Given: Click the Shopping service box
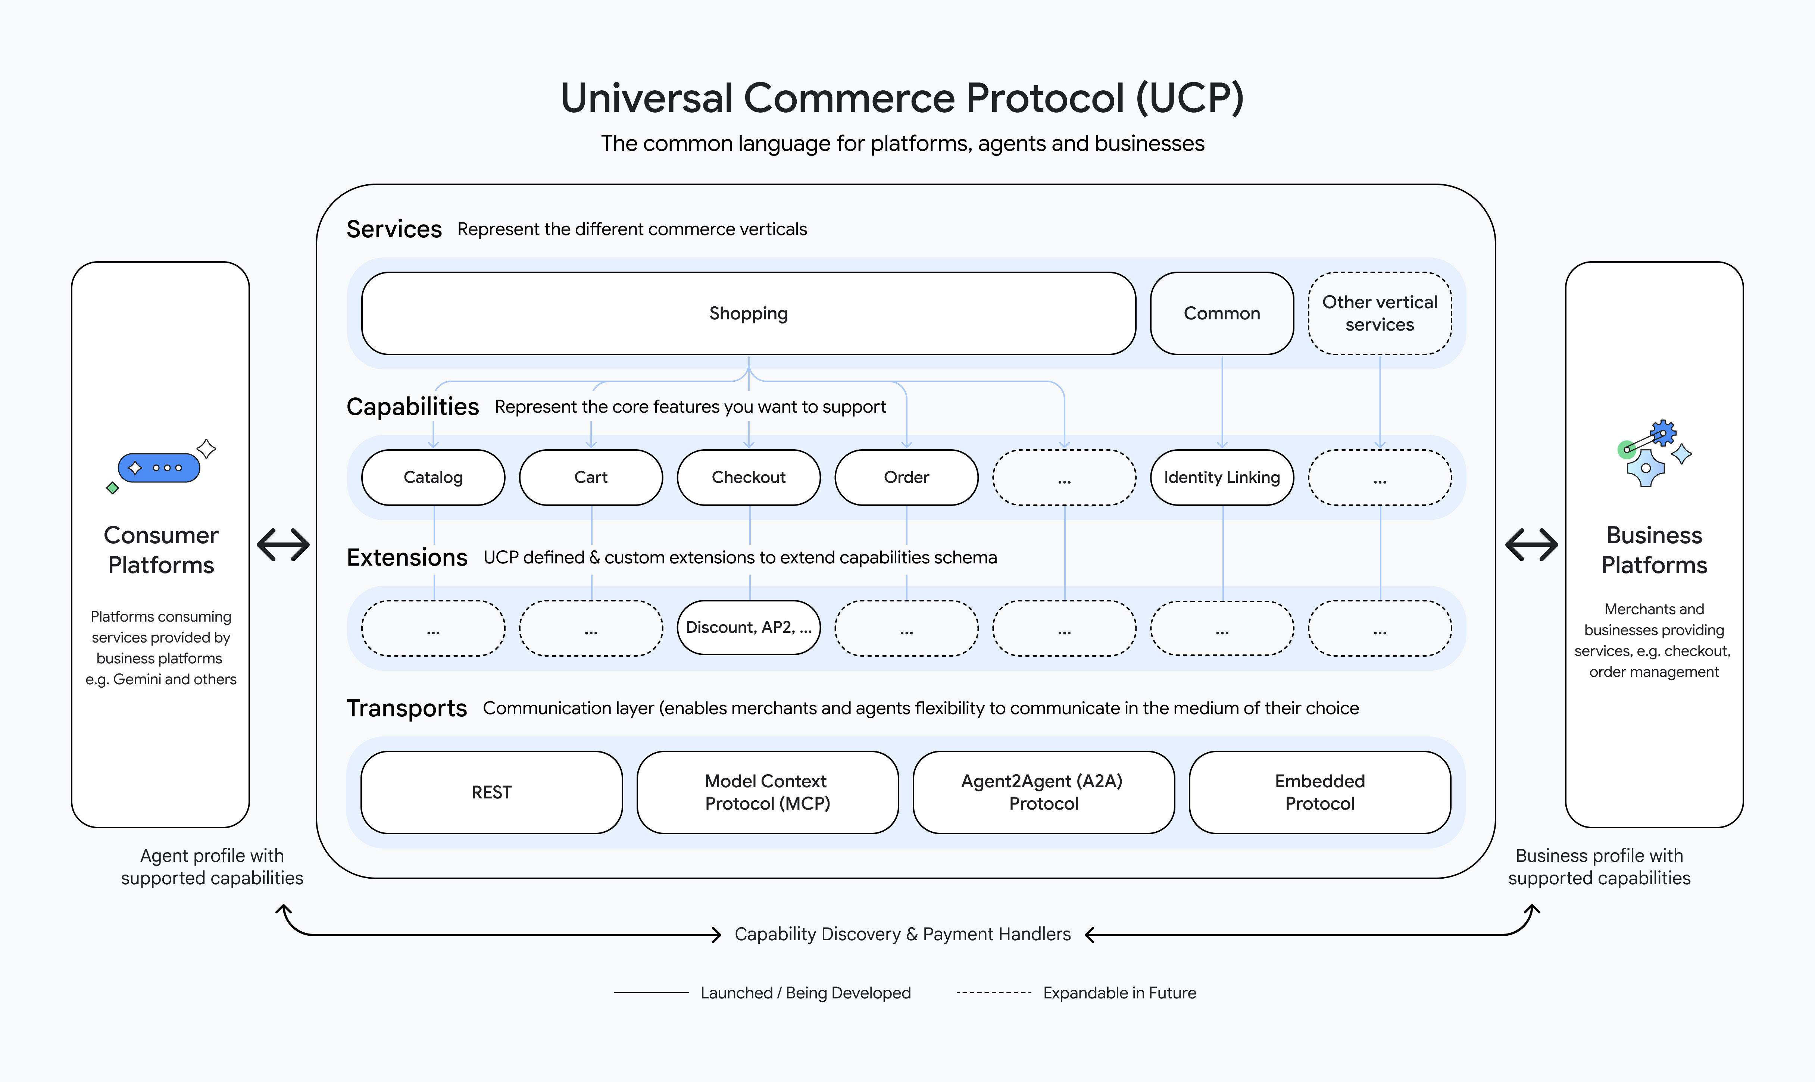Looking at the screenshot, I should click(748, 313).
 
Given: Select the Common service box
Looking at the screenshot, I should click(1221, 313).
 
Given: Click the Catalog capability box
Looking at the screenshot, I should click(433, 478).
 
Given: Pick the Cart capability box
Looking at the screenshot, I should click(591, 478).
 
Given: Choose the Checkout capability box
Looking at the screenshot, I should click(748, 478).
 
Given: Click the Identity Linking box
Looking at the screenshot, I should click(1221, 478).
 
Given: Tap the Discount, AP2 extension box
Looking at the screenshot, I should click(748, 628).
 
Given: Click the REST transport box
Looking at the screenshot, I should click(491, 792).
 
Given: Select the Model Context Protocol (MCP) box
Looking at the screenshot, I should click(767, 792).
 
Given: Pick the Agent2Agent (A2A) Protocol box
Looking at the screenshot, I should click(1043, 792).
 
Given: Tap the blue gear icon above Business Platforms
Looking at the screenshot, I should click(1663, 433).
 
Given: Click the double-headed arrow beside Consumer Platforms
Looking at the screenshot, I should click(283, 545).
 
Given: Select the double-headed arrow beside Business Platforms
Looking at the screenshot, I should click(1531, 545).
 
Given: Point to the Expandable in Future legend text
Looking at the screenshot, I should click(1119, 993).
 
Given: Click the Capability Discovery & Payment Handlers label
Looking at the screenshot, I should click(902, 935).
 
